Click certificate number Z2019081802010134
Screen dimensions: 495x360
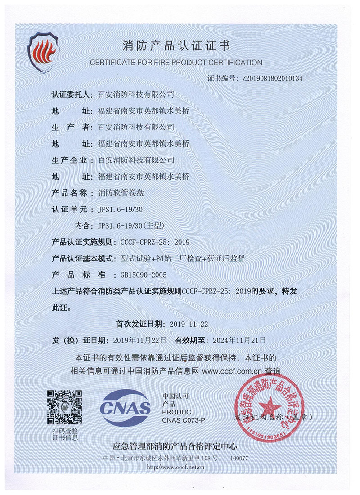tap(272, 78)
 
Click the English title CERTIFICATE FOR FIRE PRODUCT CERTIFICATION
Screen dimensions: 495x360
tap(176, 62)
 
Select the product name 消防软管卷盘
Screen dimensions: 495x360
tap(119, 193)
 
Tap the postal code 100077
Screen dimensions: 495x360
tap(239, 458)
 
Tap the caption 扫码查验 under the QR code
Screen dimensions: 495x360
tap(65, 431)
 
